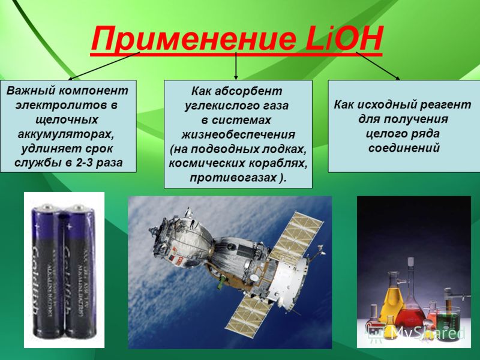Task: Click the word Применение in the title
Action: click(193, 38)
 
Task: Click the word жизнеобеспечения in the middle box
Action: click(238, 134)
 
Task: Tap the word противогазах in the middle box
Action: click(233, 178)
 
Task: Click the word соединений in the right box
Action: click(404, 148)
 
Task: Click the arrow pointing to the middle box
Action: click(236, 66)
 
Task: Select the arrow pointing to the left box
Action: click(104, 66)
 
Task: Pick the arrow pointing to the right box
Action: click(378, 66)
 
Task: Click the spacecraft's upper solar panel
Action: click(296, 238)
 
